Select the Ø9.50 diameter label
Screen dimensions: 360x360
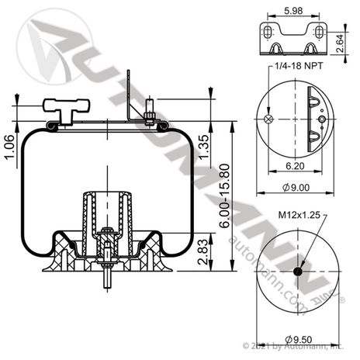tap(297, 339)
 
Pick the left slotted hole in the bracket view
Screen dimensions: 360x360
tap(268, 33)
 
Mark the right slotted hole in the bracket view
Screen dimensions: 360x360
tap(318, 33)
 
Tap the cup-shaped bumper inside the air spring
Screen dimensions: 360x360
tap(106, 206)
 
